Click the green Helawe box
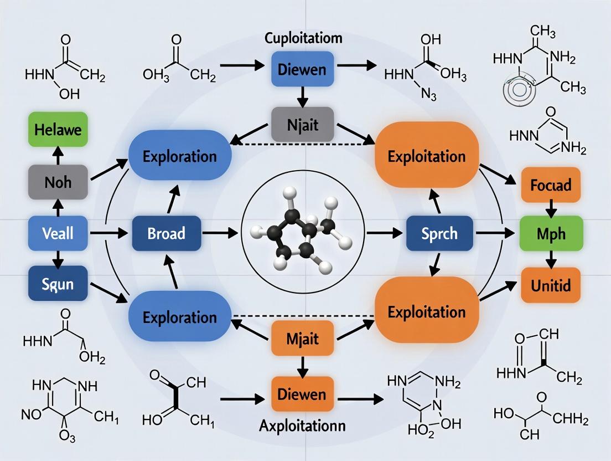click(58, 131)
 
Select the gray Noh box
click(58, 181)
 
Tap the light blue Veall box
click(58, 232)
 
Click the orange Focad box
click(550, 184)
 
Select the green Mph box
click(550, 233)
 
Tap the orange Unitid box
click(550, 285)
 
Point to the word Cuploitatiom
click(303, 39)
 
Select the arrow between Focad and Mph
click(550, 208)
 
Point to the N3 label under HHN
click(428, 95)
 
